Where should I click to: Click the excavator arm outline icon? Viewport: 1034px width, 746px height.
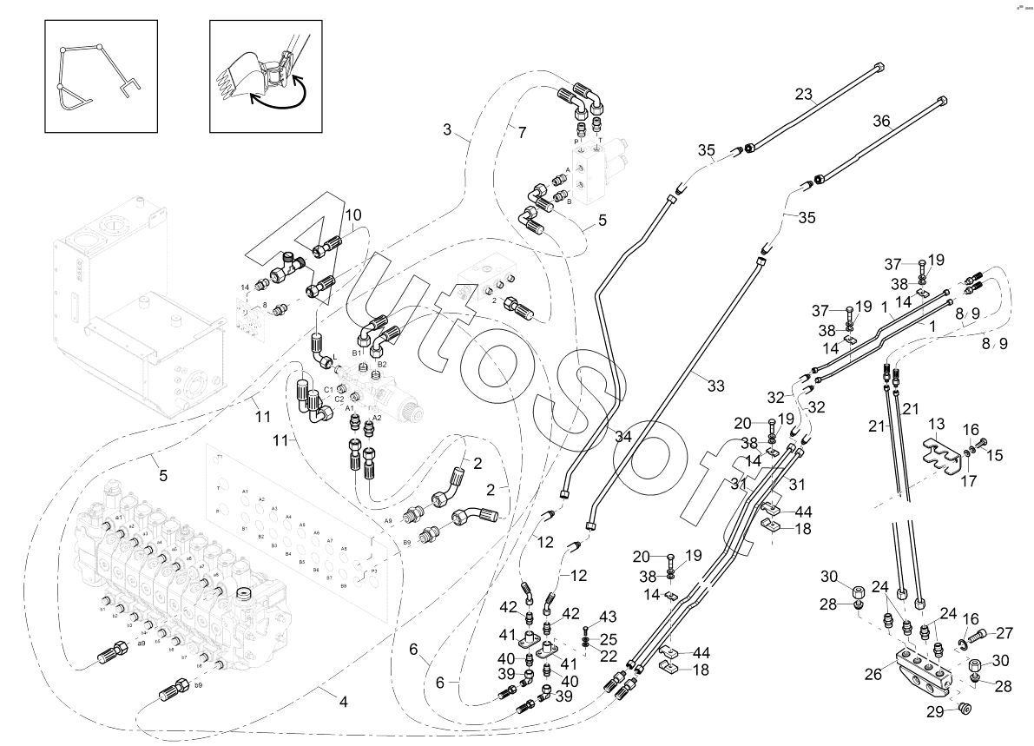click(x=101, y=76)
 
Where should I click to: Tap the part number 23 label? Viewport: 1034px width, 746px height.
click(x=804, y=94)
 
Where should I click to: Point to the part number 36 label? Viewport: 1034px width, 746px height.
click(x=882, y=122)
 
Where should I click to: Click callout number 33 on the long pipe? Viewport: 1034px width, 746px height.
click(x=715, y=386)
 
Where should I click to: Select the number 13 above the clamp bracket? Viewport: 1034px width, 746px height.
click(x=936, y=423)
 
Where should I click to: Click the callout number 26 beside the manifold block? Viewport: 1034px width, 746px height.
click(x=873, y=673)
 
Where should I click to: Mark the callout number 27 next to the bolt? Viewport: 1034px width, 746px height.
click(x=1004, y=633)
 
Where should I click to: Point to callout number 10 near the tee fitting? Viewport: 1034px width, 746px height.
click(x=353, y=215)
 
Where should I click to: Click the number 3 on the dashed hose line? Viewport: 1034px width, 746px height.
click(x=447, y=129)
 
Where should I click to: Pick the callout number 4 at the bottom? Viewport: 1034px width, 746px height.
click(x=343, y=701)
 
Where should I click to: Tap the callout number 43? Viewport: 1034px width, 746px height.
click(x=608, y=616)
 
